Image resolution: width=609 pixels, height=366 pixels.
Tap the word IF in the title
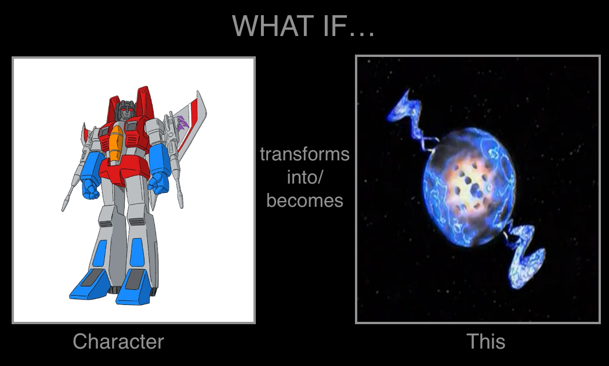[x=333, y=26]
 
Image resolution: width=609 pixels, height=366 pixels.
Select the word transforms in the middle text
[x=304, y=154]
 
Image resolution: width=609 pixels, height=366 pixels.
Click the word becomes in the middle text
[x=304, y=200]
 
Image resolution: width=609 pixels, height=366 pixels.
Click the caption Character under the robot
[x=118, y=341]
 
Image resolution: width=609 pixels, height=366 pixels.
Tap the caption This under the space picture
[x=485, y=341]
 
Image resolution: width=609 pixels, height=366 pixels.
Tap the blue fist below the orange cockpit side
[x=90, y=188]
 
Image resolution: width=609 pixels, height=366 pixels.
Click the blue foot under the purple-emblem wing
[x=134, y=286]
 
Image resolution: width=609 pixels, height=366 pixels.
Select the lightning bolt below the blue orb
[x=524, y=255]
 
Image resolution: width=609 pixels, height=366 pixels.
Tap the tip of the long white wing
[x=198, y=91]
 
